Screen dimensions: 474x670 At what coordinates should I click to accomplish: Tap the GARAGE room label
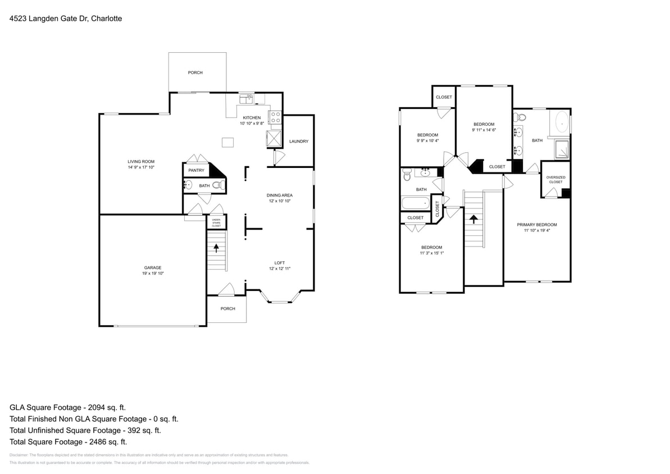click(153, 267)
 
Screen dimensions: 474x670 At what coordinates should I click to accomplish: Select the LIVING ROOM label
click(141, 161)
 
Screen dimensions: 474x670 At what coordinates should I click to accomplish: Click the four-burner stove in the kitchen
click(276, 117)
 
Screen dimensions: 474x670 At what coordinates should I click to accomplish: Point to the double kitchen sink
click(247, 99)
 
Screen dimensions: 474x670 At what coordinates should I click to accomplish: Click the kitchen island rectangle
click(227, 143)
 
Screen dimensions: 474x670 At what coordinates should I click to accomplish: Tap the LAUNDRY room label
click(299, 141)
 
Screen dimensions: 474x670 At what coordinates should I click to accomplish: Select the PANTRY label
click(196, 170)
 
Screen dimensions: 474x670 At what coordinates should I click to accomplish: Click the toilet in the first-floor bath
click(217, 185)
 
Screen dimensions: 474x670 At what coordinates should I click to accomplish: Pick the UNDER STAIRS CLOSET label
click(216, 223)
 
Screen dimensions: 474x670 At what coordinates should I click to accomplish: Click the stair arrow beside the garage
click(216, 248)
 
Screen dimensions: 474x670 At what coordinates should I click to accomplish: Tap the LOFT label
click(280, 262)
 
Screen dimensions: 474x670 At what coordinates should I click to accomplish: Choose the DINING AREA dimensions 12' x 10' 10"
click(280, 201)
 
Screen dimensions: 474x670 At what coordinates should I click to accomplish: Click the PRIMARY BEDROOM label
click(537, 224)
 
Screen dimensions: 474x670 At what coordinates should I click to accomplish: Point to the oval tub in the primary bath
click(562, 122)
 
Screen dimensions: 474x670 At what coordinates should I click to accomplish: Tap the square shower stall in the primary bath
click(562, 149)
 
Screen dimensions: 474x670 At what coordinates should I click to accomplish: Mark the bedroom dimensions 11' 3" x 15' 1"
click(432, 253)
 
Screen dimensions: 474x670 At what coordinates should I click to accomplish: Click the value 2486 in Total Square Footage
click(89, 442)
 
